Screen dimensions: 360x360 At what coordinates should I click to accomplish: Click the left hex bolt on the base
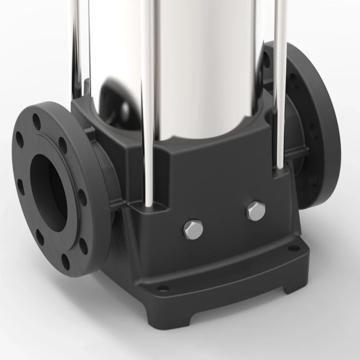point(193,229)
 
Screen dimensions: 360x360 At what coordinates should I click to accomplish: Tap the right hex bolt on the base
point(255,210)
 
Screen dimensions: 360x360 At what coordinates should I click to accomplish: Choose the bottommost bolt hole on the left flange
point(66,261)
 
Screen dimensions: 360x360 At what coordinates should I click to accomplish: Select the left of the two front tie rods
point(148,103)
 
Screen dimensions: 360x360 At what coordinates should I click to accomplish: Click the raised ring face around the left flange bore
point(67,148)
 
